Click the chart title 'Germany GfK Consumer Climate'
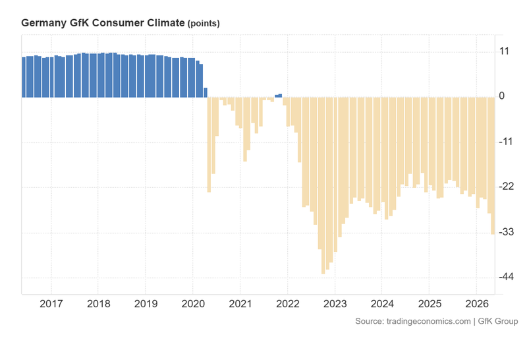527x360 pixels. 103,22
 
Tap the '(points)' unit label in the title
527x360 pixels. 204,23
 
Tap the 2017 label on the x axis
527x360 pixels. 51,304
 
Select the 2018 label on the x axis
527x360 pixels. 98,304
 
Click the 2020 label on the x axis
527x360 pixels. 192,304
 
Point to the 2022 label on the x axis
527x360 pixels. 287,304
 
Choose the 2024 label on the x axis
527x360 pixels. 381,304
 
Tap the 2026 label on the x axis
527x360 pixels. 476,304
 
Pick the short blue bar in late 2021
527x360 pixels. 279,96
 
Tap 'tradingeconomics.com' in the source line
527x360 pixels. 427,321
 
